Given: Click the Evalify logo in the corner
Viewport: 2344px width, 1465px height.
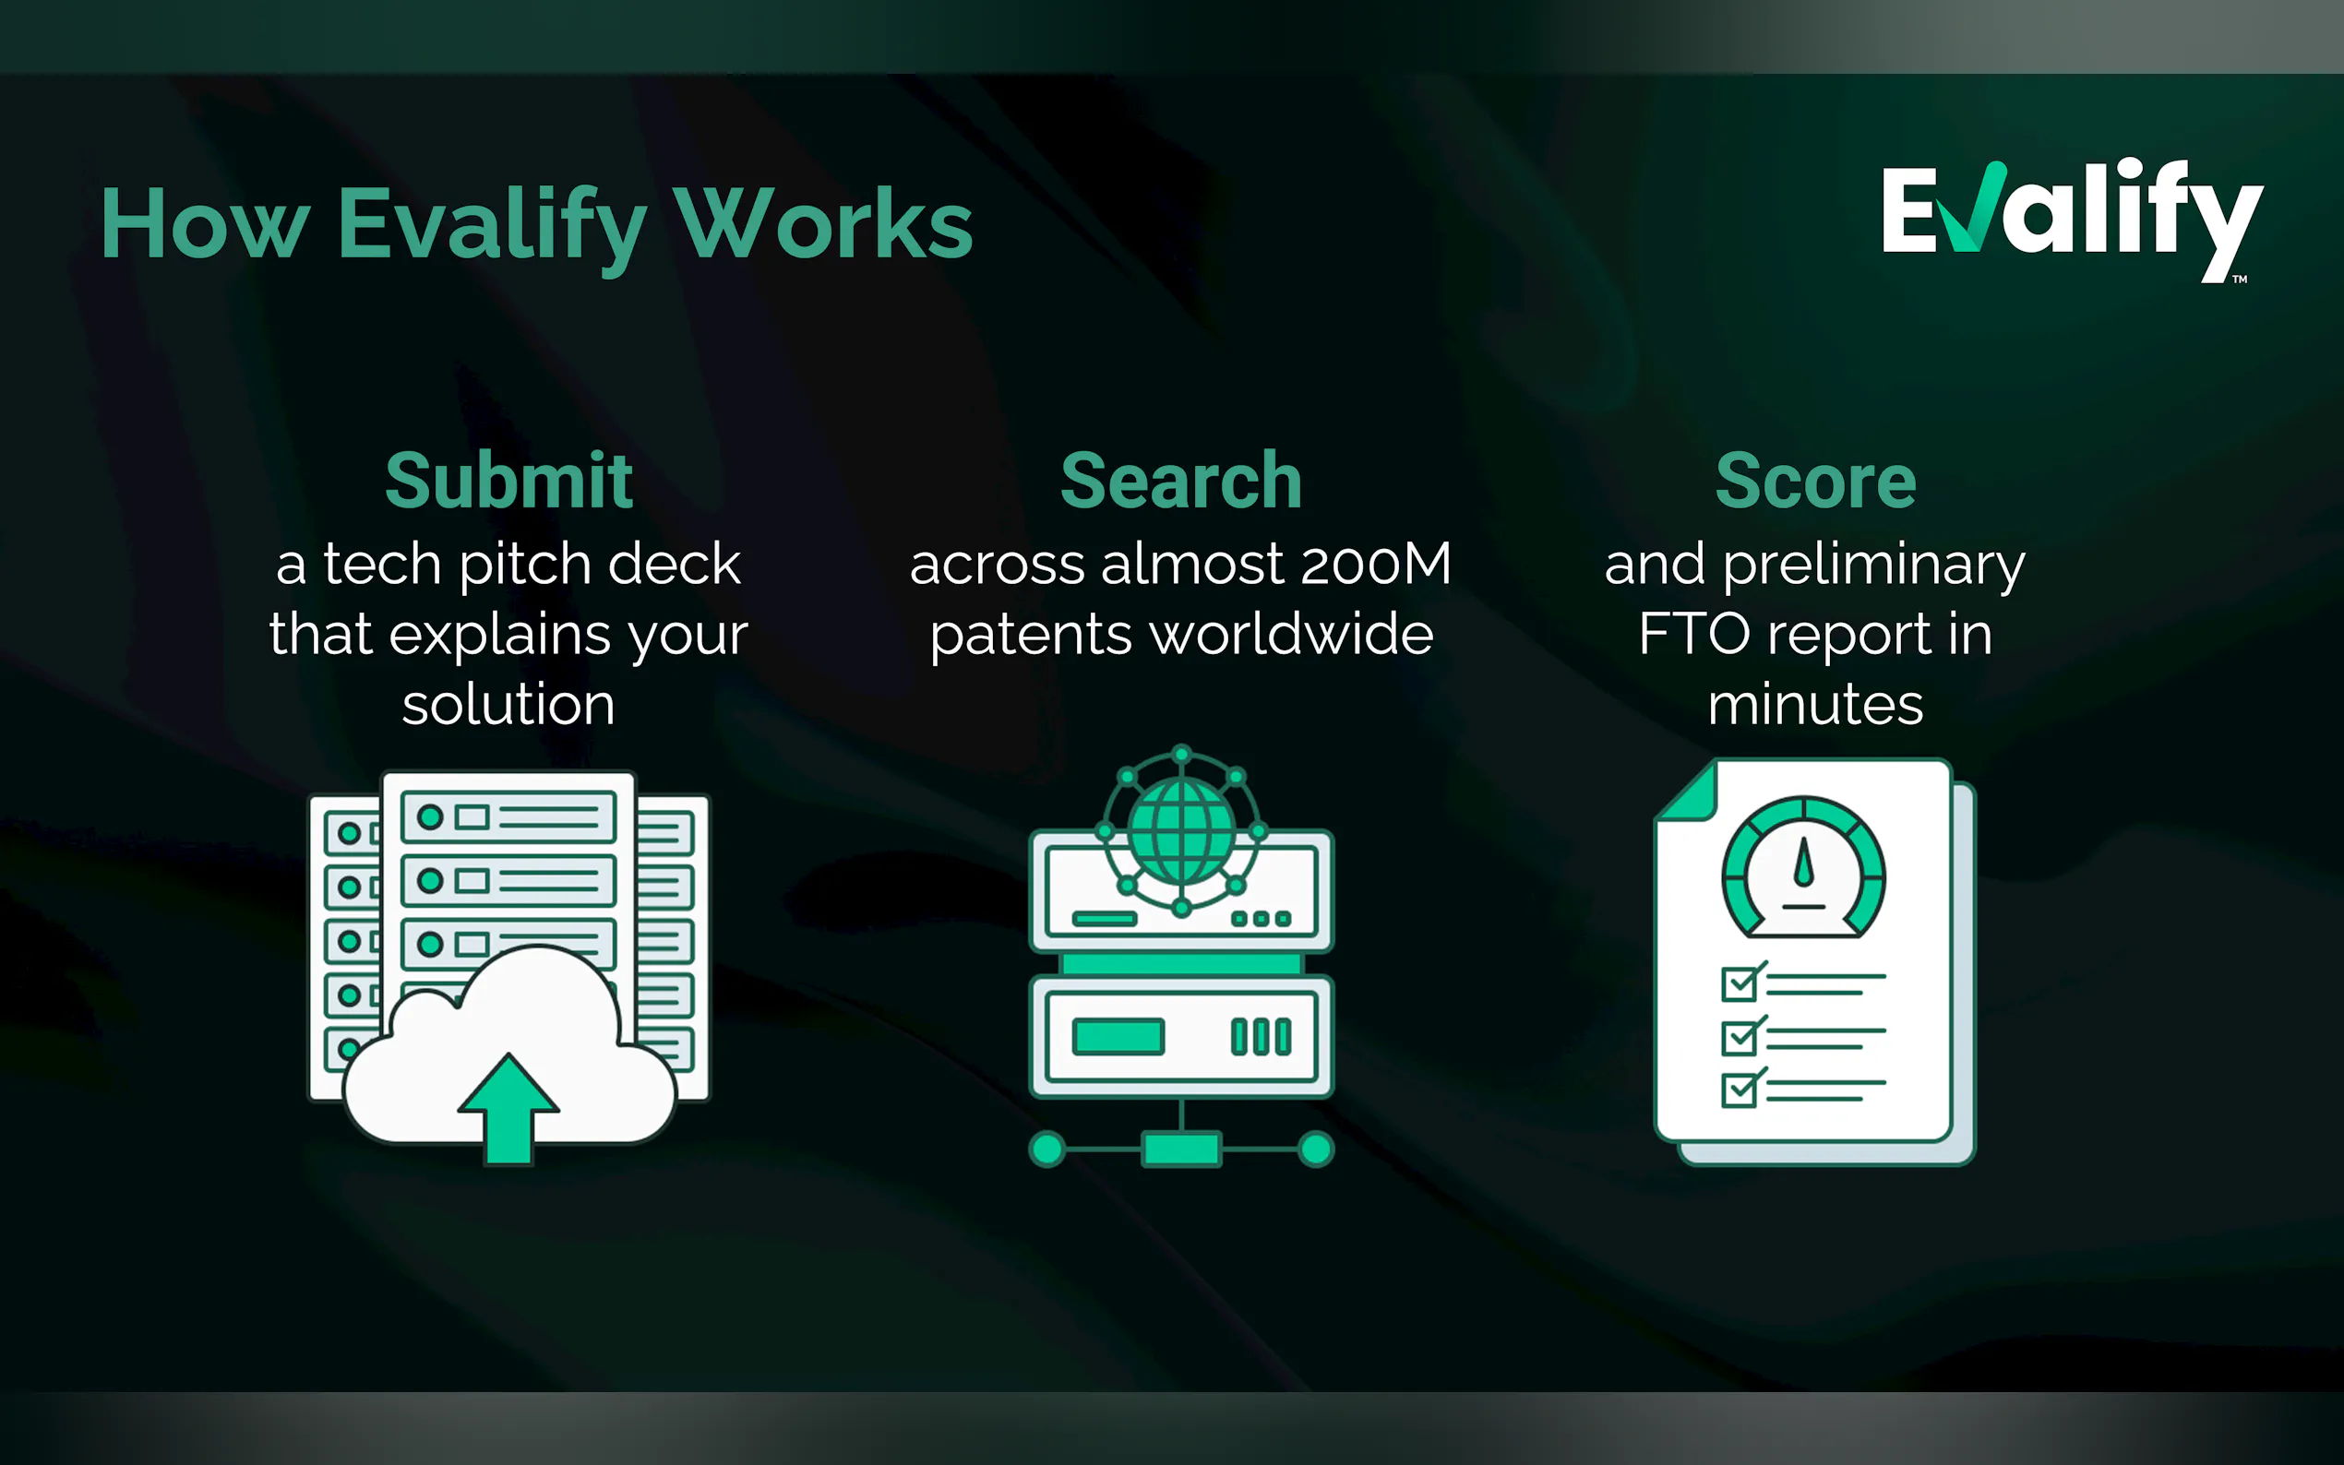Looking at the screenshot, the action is click(2072, 220).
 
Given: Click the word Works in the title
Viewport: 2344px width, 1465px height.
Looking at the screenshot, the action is click(824, 224).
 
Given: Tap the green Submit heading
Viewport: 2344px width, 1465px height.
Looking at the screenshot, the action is click(508, 481).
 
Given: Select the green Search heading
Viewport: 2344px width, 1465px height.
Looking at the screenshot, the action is click(1181, 481).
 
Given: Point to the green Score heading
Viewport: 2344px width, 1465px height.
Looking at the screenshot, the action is click(1816, 481).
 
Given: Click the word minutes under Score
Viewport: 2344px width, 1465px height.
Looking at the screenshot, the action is click(1815, 705).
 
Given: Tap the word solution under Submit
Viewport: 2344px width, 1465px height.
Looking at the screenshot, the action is click(508, 705).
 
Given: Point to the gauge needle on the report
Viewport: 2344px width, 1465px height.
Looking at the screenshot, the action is click(1803, 862).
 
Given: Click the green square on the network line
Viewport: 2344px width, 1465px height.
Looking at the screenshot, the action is click(1181, 1149).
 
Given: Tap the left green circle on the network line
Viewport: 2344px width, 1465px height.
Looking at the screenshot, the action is click(1046, 1149).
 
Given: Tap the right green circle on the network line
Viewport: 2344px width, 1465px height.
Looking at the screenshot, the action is click(1316, 1149).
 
